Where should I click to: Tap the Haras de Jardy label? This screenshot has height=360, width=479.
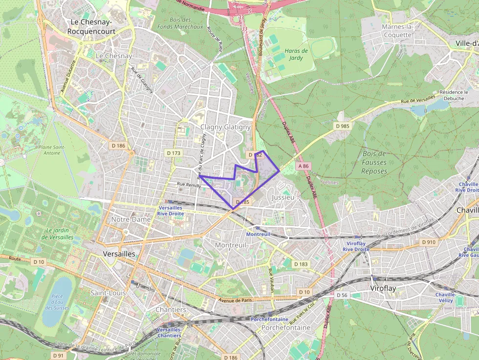click(296, 54)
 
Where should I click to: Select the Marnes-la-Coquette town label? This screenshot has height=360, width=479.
click(397, 30)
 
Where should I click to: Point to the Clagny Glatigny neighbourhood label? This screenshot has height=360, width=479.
click(225, 127)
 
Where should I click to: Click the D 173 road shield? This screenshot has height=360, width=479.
click(174, 153)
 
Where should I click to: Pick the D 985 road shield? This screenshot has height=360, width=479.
click(343, 126)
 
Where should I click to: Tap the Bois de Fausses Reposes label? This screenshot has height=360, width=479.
click(374, 162)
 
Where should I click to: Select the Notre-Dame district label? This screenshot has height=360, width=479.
click(131, 219)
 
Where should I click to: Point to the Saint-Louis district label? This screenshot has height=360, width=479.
click(108, 293)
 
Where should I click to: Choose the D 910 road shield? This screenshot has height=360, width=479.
click(429, 242)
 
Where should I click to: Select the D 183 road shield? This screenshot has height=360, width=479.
click(301, 264)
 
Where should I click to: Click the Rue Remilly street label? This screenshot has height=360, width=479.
click(189, 185)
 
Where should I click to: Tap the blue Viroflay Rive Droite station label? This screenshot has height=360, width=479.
click(354, 246)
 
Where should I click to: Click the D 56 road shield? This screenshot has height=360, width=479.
click(342, 296)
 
